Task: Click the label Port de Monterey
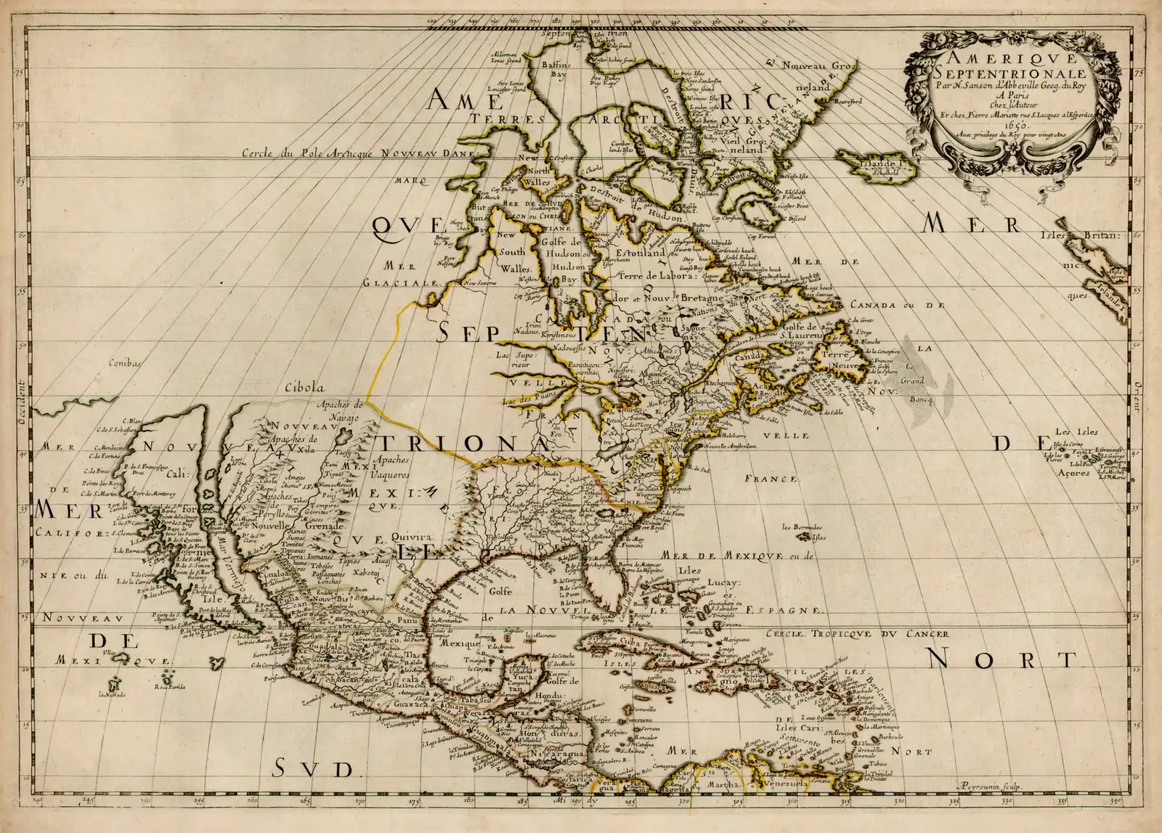coord(156,495)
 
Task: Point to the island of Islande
coord(869,163)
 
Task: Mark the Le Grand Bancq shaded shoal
coord(917,380)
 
